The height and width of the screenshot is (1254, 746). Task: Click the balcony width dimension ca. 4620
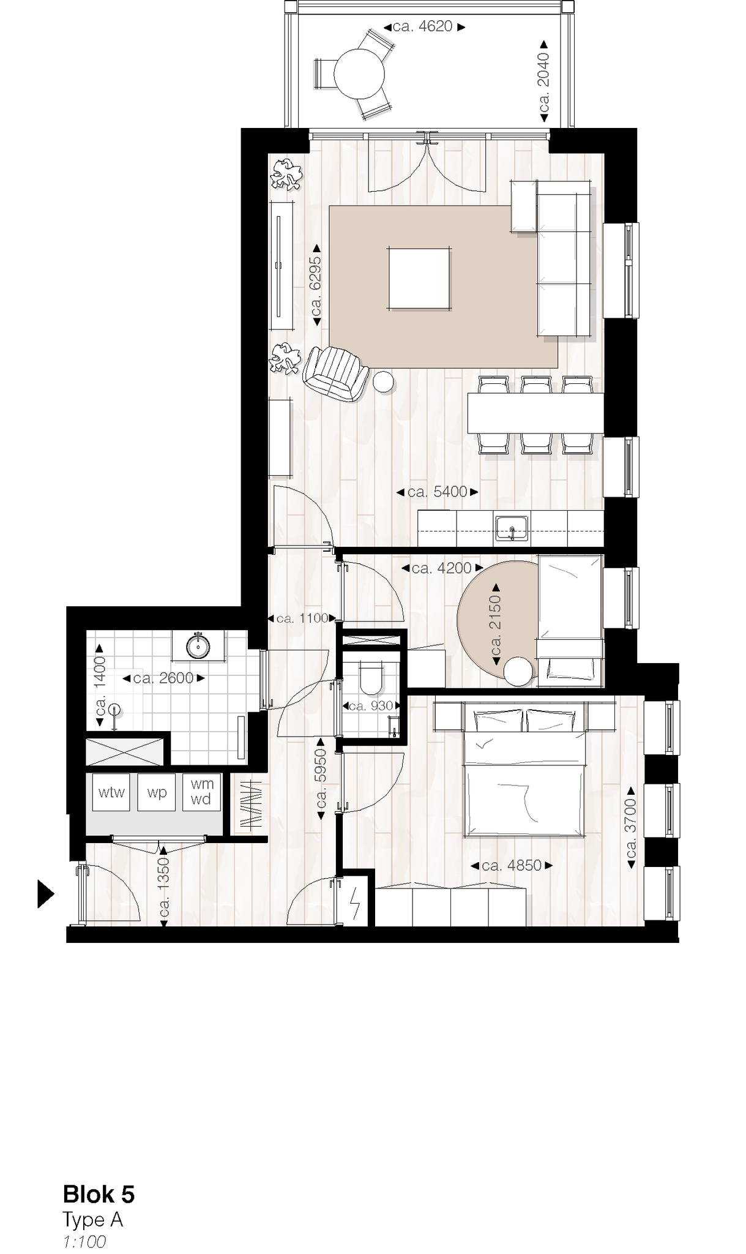tap(424, 27)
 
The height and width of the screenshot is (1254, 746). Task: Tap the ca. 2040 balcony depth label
tap(543, 81)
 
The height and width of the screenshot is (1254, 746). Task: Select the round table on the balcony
tap(359, 73)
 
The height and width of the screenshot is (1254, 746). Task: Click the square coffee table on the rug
tap(420, 278)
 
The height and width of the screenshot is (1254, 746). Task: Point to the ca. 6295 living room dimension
tap(316, 285)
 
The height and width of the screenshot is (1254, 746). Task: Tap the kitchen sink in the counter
tap(512, 528)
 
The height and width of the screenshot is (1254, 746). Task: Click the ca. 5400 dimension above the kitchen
tap(437, 492)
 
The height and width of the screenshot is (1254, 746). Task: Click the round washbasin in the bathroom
tap(198, 646)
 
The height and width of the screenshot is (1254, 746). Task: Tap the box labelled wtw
tap(111, 793)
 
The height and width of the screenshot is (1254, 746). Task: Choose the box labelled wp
tap(157, 793)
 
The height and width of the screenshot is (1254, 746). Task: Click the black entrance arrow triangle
tap(45, 894)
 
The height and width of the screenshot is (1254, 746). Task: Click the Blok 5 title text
tap(99, 1195)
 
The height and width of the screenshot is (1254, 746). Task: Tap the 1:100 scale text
tap(84, 1241)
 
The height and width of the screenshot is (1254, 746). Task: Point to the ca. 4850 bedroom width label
tap(512, 865)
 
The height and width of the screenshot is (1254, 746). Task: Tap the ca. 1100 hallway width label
tap(302, 618)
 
